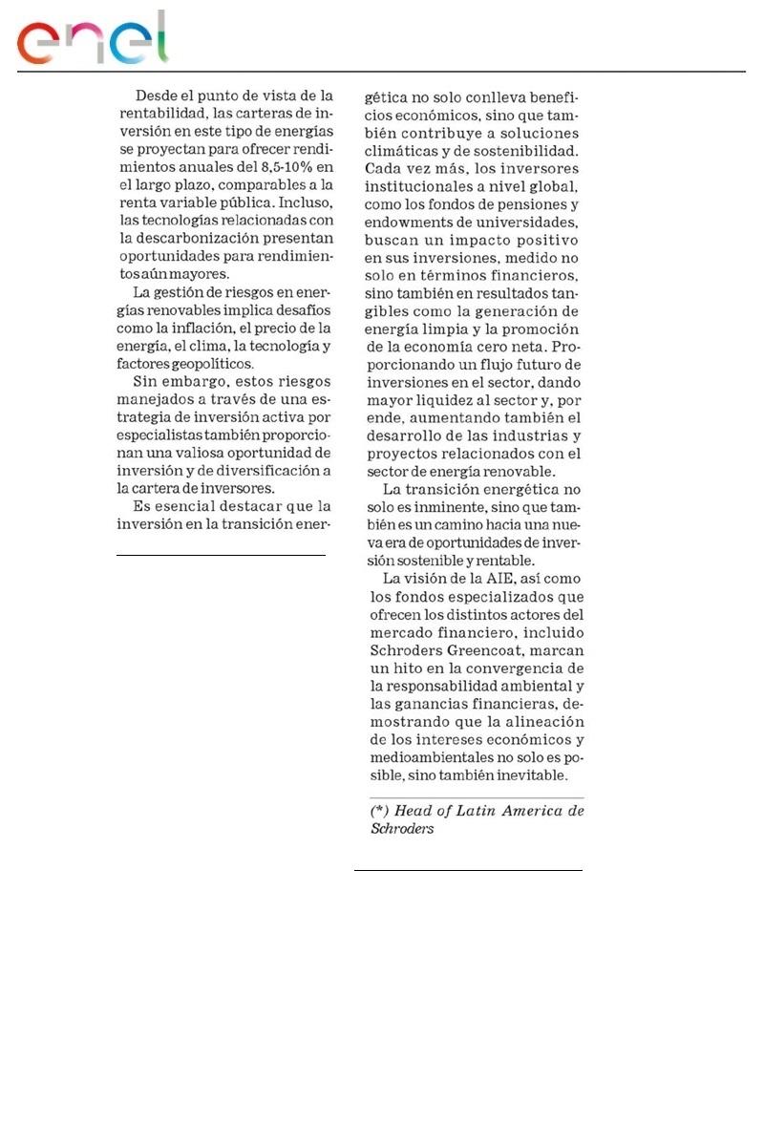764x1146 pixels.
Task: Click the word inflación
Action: tap(195, 328)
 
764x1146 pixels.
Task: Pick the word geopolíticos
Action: tap(211, 364)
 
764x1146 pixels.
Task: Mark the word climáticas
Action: tap(403, 151)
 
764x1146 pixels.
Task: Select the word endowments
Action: tap(412, 223)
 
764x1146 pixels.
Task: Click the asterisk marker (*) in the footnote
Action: tap(378, 811)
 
